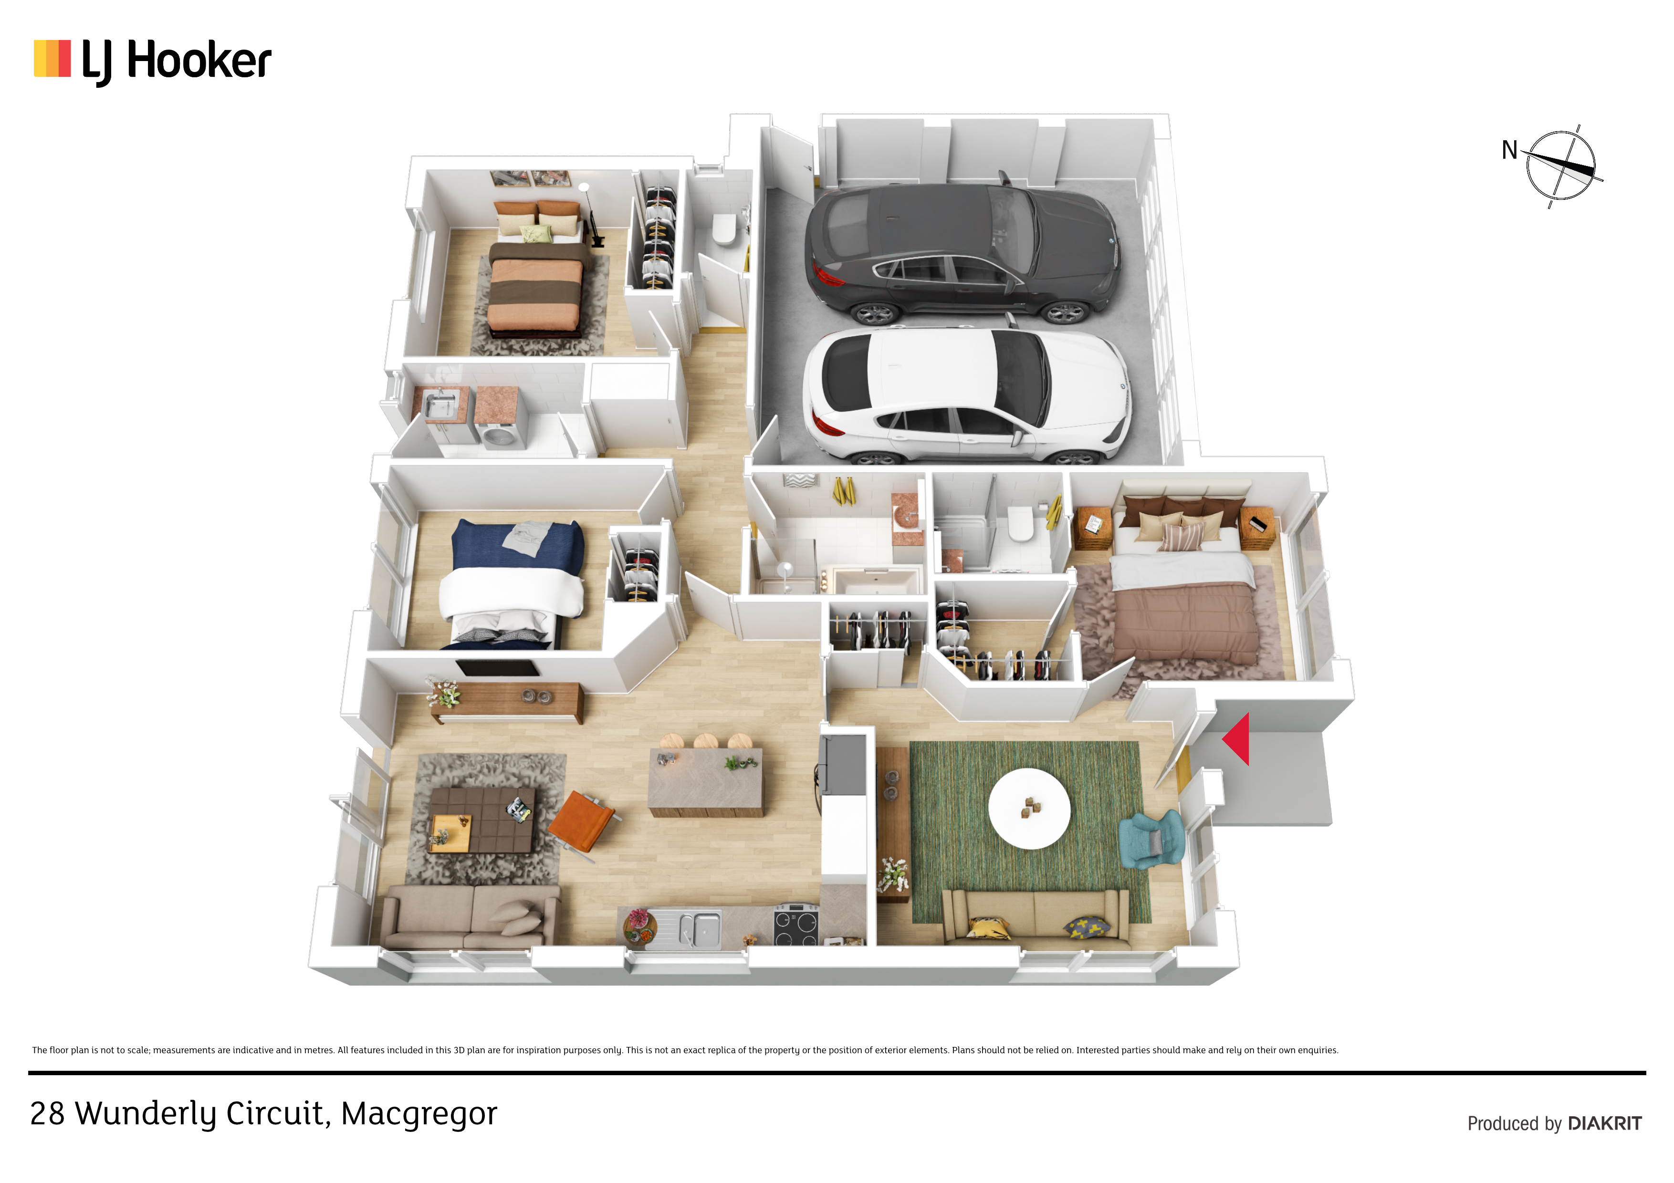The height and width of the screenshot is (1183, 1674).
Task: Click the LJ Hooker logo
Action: click(152, 61)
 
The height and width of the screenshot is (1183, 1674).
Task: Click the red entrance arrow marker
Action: click(1236, 739)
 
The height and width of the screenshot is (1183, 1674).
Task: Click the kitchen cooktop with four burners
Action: click(796, 924)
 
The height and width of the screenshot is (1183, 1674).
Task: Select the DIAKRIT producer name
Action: click(1605, 1123)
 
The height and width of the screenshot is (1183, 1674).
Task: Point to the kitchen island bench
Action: click(706, 781)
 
